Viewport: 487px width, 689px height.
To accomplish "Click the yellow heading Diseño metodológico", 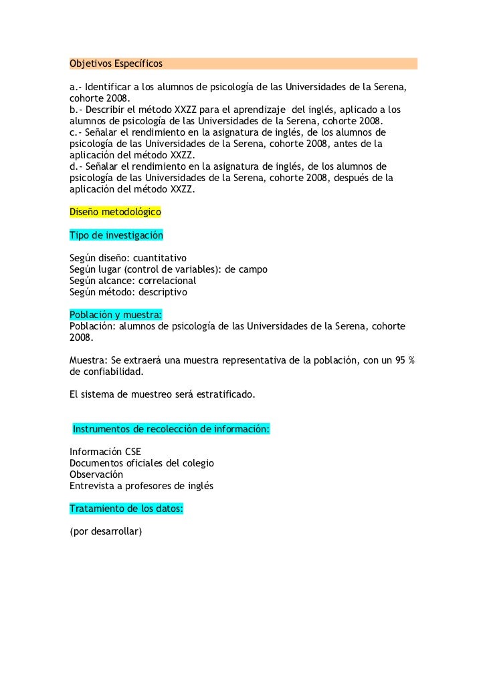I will (116, 212).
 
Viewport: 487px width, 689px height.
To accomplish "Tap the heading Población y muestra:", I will (116, 314).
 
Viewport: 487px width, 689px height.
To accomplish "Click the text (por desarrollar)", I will (106, 532).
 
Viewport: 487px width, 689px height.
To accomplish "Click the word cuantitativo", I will (160, 258).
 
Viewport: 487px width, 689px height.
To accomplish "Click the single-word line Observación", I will (96, 474).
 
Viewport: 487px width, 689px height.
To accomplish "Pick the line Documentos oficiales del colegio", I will (142, 462).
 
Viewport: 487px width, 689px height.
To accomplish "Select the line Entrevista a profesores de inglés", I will (141, 485).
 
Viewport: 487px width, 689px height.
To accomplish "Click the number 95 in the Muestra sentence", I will (401, 360).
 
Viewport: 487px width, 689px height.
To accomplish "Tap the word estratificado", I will (221, 394).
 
